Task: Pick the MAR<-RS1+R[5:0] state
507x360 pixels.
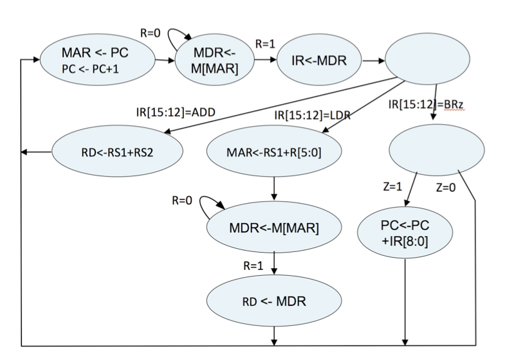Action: tap(275, 153)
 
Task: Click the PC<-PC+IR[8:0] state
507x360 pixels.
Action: tap(405, 230)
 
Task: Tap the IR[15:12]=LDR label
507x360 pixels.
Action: tap(308, 116)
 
